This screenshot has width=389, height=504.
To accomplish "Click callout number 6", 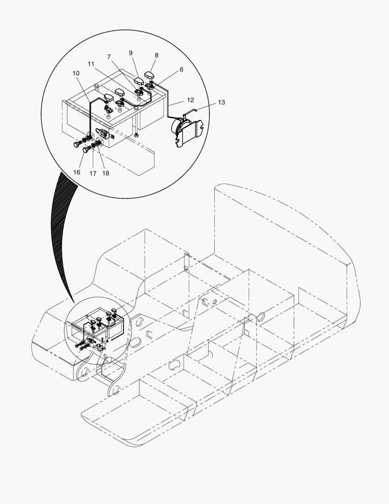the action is point(181,70).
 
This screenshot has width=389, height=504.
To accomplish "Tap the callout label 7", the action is point(109,57).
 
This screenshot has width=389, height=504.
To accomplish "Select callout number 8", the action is point(157,55).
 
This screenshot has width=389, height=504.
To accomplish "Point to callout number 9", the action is point(130,53).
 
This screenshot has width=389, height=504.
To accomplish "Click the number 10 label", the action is point(76,73).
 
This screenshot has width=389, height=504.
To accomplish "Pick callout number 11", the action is point(91,64).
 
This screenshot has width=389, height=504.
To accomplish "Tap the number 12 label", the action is point(191,100).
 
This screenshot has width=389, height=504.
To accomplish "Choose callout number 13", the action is point(221,102).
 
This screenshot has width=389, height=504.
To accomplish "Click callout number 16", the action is point(77,172).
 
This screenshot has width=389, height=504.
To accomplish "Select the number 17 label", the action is point(93,173).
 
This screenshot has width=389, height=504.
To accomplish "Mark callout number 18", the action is point(106,173).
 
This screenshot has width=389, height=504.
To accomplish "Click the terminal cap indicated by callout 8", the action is point(150,76).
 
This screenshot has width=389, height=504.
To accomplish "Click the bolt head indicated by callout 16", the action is point(86,149).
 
